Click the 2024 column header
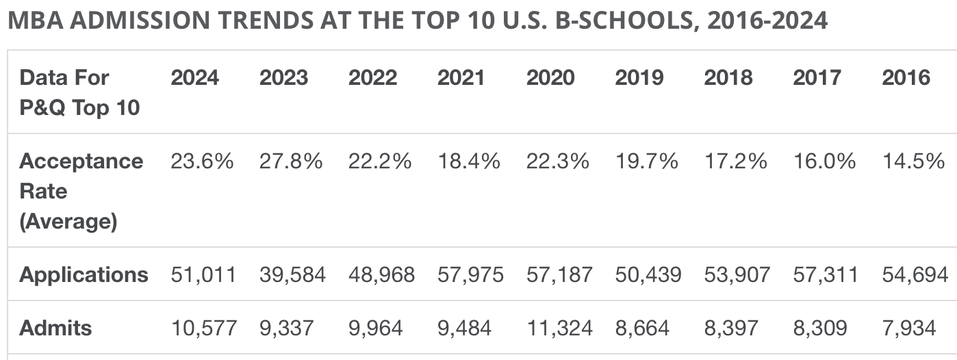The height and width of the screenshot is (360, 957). pos(194,78)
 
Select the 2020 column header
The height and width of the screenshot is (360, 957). pos(550,78)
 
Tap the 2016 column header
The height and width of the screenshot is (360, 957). pos(906,78)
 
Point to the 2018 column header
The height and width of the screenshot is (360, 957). pos(728,78)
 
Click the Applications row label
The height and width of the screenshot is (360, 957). pos(84,275)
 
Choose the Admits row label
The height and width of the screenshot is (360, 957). pos(55,329)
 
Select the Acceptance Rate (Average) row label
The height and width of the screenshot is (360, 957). pos(81,192)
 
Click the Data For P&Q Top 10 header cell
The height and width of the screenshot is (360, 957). pos(79,92)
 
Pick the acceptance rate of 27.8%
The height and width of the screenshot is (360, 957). pos(291,162)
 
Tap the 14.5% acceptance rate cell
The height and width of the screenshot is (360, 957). pos(914,162)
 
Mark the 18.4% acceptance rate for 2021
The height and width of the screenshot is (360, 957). pos(469,162)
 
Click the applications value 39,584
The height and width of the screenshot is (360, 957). pos(292,275)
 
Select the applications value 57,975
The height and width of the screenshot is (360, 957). pos(470,275)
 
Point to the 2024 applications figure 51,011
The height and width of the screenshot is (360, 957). pos(203,275)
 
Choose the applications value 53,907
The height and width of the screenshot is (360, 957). pos(737,275)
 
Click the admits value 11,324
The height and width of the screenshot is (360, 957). pos(559,329)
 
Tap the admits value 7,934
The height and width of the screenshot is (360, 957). pos(908,329)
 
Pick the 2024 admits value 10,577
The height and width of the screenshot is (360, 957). pos(203,329)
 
